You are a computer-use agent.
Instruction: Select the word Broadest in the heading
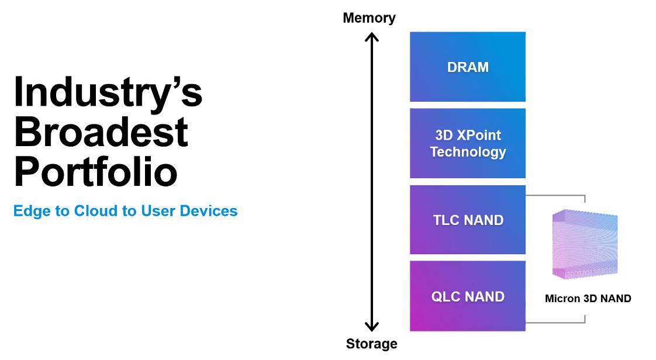click(x=101, y=132)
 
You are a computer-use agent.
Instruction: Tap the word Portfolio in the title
click(x=96, y=171)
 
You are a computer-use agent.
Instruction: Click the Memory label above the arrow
click(x=369, y=18)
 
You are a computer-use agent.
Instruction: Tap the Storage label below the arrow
click(x=371, y=343)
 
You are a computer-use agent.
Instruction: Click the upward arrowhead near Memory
click(x=371, y=37)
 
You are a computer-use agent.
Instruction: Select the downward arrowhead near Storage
click(x=371, y=326)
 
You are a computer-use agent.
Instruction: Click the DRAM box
click(x=468, y=67)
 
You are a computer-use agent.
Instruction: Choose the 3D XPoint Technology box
click(x=468, y=143)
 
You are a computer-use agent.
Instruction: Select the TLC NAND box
click(x=468, y=220)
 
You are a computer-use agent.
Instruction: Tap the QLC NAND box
click(x=468, y=296)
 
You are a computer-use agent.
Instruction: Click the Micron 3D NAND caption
click(x=588, y=299)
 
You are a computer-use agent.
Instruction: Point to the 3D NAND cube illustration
click(x=585, y=244)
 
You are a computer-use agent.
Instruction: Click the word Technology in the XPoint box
click(x=468, y=152)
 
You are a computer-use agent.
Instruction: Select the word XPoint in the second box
click(x=479, y=135)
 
